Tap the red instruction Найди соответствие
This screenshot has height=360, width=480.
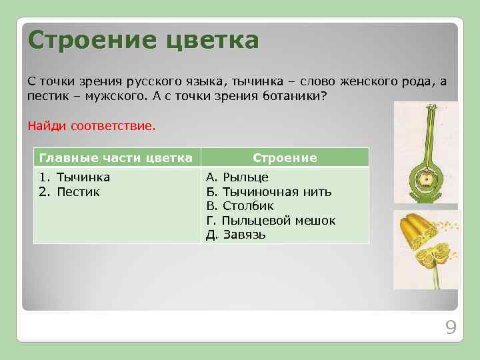pos(91,125)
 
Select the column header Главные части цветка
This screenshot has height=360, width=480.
pos(116,158)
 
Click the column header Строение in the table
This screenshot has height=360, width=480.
pos(284,158)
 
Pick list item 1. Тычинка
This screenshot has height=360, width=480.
pos(75,177)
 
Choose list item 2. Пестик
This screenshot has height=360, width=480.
pos(69,192)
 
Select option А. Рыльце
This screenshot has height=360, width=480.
pos(237,177)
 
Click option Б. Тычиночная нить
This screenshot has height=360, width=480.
pos(269,192)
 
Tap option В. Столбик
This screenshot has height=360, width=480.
pos(239,206)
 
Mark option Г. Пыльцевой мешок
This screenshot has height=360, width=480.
pos(271,221)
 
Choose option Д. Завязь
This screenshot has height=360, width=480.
pos(236,235)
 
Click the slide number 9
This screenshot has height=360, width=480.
pos(451,327)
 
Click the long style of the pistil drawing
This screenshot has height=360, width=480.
pos(425,133)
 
